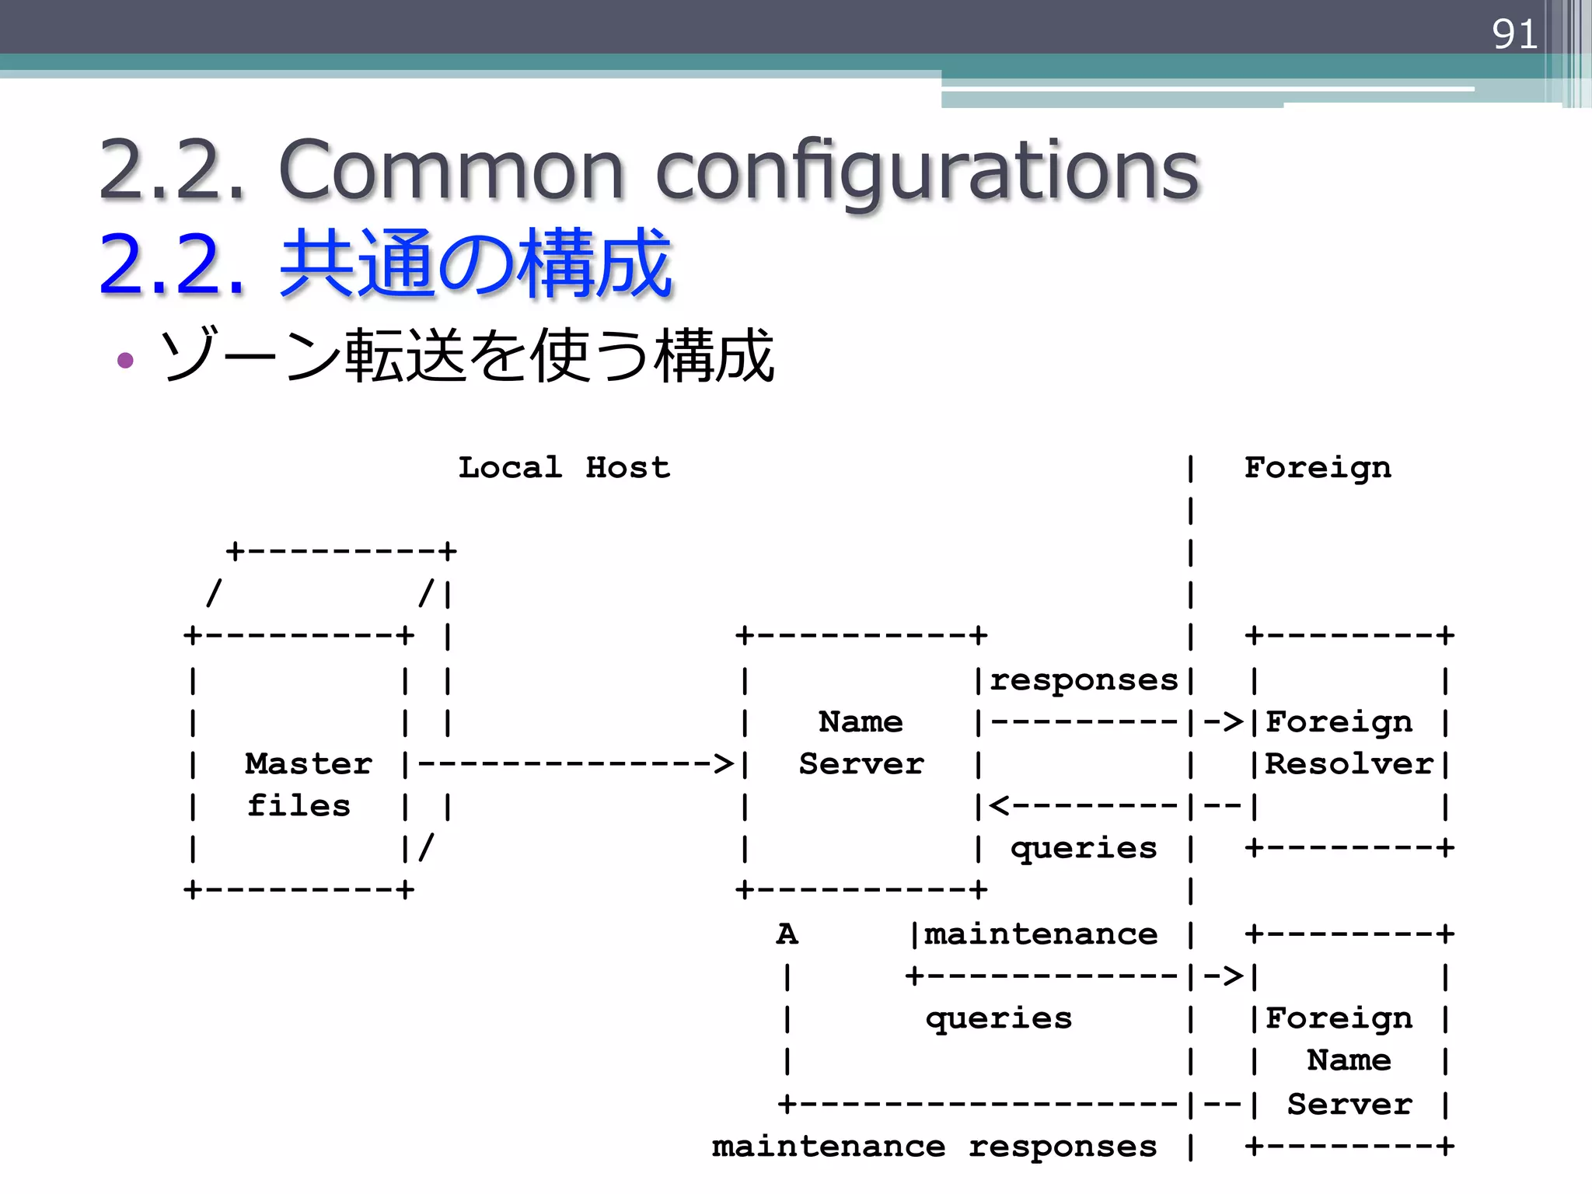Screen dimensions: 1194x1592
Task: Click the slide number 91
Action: [x=1514, y=35]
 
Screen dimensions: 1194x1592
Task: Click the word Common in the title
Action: [x=451, y=170]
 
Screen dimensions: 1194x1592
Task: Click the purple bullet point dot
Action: [x=125, y=360]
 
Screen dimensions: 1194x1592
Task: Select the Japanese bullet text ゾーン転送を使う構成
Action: [x=466, y=356]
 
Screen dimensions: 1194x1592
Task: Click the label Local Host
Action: [x=564, y=467]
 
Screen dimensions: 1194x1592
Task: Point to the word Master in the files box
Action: [x=309, y=763]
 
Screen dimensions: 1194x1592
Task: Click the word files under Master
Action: [x=298, y=805]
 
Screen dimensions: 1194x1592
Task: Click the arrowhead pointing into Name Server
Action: [x=724, y=763]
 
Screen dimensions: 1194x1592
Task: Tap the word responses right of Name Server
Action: [x=1084, y=680]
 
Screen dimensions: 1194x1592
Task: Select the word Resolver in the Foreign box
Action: [x=1349, y=763]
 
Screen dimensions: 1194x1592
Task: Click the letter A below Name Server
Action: [x=787, y=934]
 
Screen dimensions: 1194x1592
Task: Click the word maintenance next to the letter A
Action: [x=1040, y=934]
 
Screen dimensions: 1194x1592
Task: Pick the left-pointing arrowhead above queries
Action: [x=1000, y=806]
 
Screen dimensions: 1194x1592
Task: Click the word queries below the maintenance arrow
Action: [x=998, y=1018]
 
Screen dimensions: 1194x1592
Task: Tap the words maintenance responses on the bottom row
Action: [x=934, y=1147]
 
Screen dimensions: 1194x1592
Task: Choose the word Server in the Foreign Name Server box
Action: [x=1349, y=1104]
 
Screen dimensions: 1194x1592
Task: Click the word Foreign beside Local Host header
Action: [x=1318, y=467]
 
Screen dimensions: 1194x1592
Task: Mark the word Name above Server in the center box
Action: [x=861, y=721]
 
